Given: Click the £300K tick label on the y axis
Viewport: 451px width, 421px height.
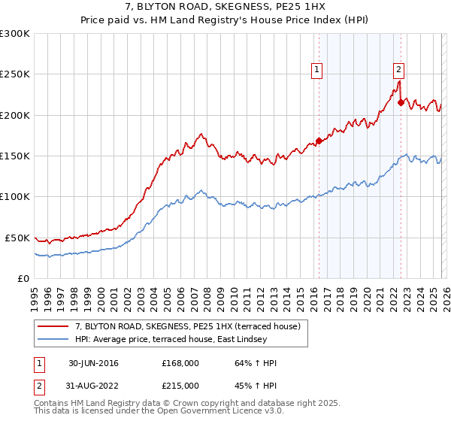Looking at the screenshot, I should [x=15, y=34].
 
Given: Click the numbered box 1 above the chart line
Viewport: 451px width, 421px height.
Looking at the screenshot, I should [x=317, y=70].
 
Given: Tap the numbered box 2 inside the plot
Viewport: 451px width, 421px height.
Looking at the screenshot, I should [x=398, y=70].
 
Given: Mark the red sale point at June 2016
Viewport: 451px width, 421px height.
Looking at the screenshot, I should [x=319, y=141].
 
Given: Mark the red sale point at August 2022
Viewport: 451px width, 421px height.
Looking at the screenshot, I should [x=401, y=102].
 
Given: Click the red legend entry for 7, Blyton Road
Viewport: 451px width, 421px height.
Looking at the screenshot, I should [x=187, y=326].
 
